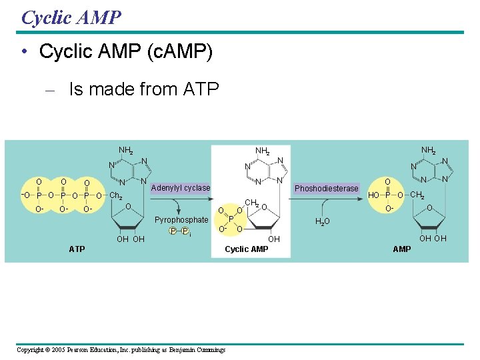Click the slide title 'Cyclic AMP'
click(x=71, y=17)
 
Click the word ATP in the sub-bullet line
click(x=201, y=89)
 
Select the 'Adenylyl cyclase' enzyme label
click(x=181, y=188)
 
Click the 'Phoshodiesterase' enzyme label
click(x=327, y=189)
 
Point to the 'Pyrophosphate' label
click(x=181, y=220)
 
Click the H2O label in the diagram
click(x=323, y=222)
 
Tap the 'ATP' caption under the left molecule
click(x=77, y=249)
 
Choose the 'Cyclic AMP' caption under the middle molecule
click(x=247, y=249)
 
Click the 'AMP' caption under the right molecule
click(x=402, y=249)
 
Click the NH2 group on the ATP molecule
click(x=126, y=151)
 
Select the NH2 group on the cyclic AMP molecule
click(x=263, y=151)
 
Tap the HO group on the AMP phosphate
click(x=374, y=195)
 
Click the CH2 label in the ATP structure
click(x=116, y=196)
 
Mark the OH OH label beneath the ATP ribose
click(x=130, y=239)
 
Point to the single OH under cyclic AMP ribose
click(x=274, y=239)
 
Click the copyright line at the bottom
click(x=121, y=350)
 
